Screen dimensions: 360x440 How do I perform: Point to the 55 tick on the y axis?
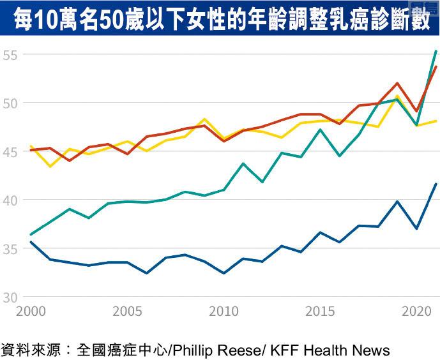(x=11, y=54)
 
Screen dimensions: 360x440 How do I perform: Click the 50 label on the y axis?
(x=11, y=103)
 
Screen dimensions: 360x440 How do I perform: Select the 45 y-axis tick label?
(x=11, y=151)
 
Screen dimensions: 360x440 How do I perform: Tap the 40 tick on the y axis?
(x=11, y=200)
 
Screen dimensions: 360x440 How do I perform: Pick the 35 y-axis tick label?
(x=11, y=248)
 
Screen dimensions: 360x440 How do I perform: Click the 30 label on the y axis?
(x=11, y=297)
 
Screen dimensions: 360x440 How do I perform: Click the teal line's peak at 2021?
(x=436, y=50)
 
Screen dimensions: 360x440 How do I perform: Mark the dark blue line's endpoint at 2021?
(x=436, y=184)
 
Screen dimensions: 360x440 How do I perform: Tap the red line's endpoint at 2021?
(x=436, y=66)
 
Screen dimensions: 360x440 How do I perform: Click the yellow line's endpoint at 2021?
(x=436, y=121)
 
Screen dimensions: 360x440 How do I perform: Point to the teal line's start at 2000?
(x=30, y=234)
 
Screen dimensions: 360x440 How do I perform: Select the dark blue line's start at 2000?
(x=30, y=242)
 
